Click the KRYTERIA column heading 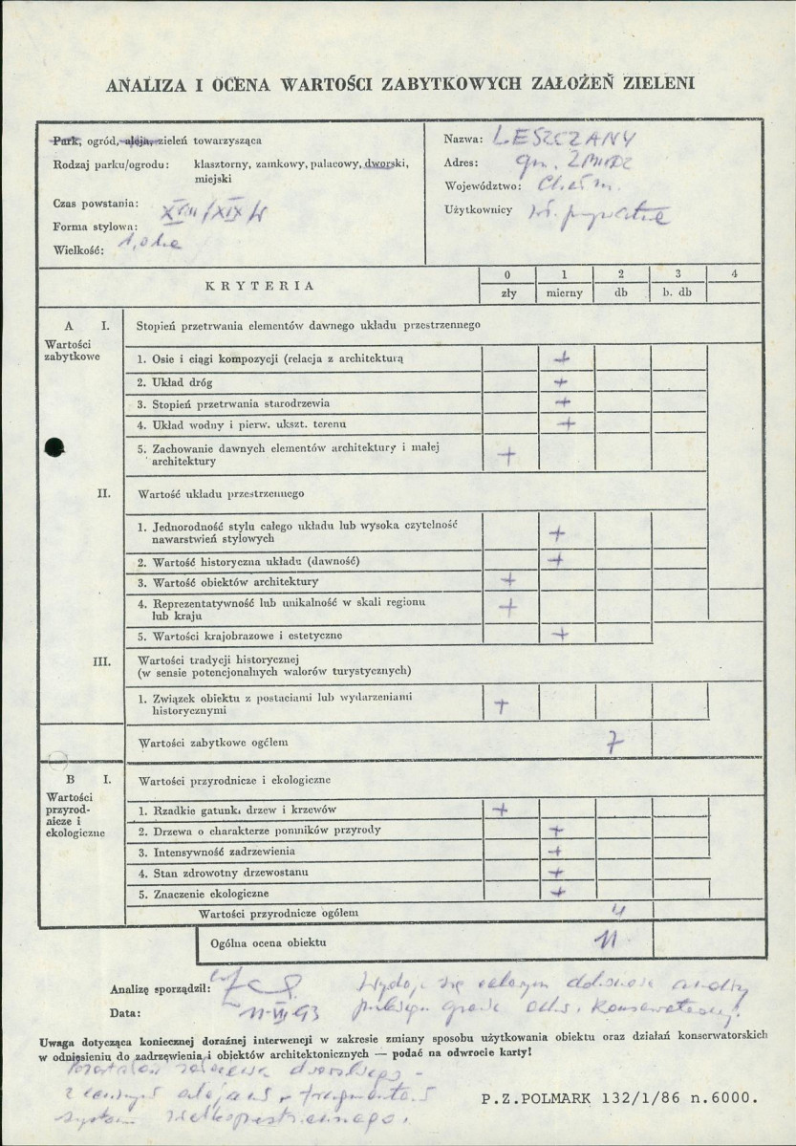(x=260, y=285)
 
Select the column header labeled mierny (x=565, y=293)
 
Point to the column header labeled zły (x=508, y=293)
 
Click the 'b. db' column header (x=677, y=293)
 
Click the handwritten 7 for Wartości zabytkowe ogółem (x=616, y=738)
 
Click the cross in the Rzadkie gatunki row (x=500, y=810)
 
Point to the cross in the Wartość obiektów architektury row (x=508, y=580)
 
